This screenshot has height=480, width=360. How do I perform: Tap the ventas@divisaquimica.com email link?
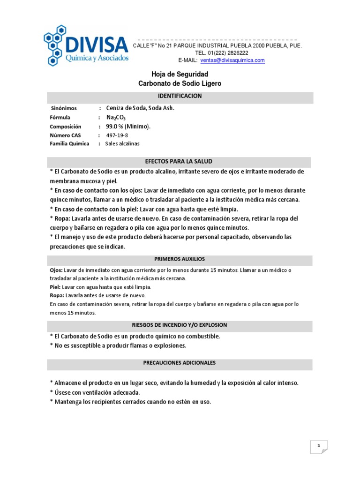coord(232,60)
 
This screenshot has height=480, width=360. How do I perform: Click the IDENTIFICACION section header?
coord(180,96)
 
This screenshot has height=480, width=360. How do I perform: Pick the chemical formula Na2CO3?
coord(116,118)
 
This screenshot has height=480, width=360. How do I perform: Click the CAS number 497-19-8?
coord(117,135)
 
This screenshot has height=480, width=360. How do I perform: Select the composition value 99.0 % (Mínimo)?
coord(128,127)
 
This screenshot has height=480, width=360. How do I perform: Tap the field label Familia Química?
coord(69,144)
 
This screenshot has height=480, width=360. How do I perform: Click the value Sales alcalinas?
coord(122,144)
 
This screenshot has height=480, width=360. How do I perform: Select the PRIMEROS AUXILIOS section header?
coord(180,259)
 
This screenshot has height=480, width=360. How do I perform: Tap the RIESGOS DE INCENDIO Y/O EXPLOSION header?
coord(180,325)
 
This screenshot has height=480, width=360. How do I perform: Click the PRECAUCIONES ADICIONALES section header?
coord(180,363)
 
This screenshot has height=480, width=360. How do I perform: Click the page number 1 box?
coord(319,447)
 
